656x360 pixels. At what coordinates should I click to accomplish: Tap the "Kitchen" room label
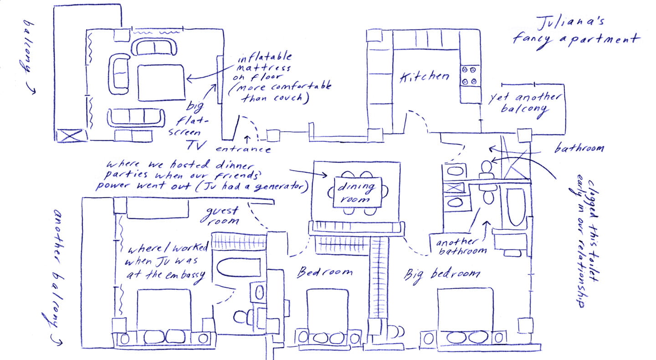click(x=424, y=77)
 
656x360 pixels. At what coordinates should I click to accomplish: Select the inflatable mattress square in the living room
click(x=162, y=82)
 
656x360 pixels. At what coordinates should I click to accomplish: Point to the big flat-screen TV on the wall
click(x=219, y=80)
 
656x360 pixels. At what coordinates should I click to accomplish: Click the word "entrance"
click(x=243, y=149)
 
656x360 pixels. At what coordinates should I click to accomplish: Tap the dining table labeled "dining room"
click(x=357, y=191)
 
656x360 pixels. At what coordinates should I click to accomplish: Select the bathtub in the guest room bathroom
click(x=238, y=267)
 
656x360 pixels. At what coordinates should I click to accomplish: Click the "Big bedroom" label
click(x=442, y=274)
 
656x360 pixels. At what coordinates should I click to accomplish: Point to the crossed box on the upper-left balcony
click(x=71, y=135)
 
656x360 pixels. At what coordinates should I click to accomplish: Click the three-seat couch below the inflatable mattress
click(x=136, y=118)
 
